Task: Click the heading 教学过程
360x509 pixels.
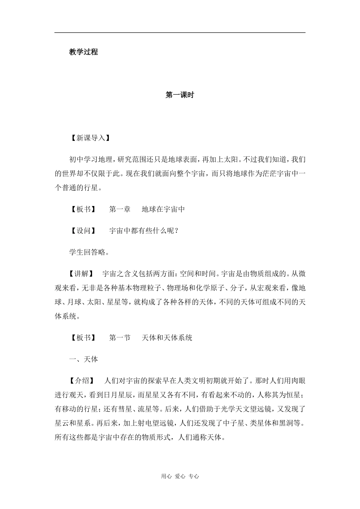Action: point(83,52)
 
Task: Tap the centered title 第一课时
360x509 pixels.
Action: point(180,95)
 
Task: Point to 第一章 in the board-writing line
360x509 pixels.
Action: point(120,209)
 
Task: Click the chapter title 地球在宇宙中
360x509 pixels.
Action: point(163,209)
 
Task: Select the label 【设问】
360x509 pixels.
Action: point(83,231)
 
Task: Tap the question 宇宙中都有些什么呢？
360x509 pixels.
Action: point(144,231)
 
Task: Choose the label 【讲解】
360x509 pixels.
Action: point(83,273)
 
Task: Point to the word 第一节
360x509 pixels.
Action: point(120,338)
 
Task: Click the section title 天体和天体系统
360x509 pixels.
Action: point(167,338)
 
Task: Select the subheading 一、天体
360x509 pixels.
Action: point(83,359)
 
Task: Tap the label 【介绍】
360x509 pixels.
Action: point(83,381)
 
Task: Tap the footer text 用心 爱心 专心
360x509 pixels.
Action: point(180,476)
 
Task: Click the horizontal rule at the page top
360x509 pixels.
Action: point(180,33)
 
